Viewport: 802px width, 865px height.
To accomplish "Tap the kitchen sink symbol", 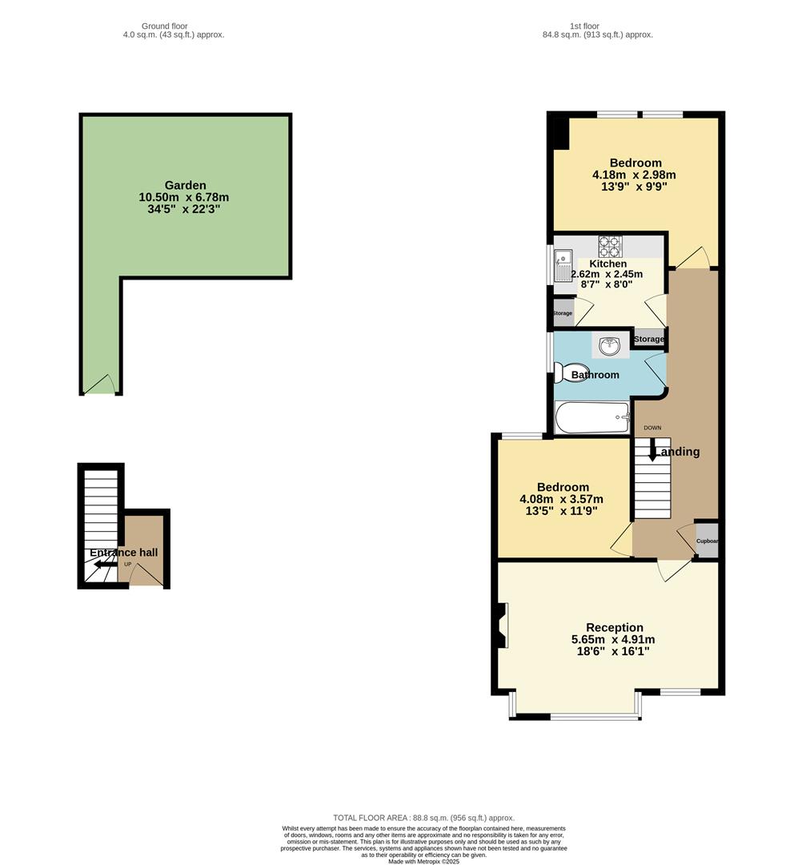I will (x=563, y=259).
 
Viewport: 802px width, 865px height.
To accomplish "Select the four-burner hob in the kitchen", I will (x=609, y=244).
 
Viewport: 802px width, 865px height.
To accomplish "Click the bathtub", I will (x=592, y=417).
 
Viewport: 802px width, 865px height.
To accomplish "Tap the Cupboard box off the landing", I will (x=706, y=540).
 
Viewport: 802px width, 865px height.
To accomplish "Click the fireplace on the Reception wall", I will (x=501, y=625).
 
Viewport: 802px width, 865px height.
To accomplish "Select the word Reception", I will (x=614, y=627).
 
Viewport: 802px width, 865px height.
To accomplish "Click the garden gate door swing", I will (x=101, y=385).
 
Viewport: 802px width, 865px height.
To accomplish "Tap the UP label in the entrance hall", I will (x=127, y=565).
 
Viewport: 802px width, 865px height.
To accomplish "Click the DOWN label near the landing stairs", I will (x=652, y=428).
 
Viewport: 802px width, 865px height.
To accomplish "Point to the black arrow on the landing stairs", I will (x=652, y=451).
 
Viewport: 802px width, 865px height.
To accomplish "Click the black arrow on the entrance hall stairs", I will (x=102, y=565).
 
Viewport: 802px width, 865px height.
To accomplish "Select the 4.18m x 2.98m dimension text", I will (x=634, y=175).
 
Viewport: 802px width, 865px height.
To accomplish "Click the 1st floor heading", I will (x=584, y=26).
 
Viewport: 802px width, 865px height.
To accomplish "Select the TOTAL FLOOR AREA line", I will (x=423, y=818).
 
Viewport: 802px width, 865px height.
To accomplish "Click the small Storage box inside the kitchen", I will (x=563, y=313).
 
